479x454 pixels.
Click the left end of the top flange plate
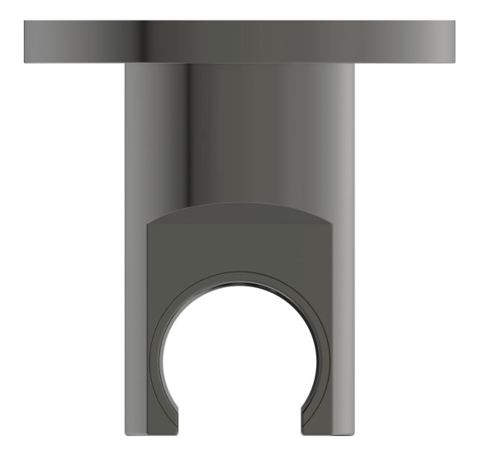pos(27,43)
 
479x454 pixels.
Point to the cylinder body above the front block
pos(239,132)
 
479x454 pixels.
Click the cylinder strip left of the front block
pos(135,330)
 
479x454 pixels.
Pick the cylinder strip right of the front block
pos(344,330)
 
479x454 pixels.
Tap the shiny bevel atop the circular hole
pos(240,281)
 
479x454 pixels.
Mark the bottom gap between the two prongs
pos(240,429)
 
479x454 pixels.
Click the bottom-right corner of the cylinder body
pos(353,434)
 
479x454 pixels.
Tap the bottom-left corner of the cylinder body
pos(126,434)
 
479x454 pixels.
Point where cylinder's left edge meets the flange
pos(126,66)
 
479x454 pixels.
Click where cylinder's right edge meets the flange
pos(353,66)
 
